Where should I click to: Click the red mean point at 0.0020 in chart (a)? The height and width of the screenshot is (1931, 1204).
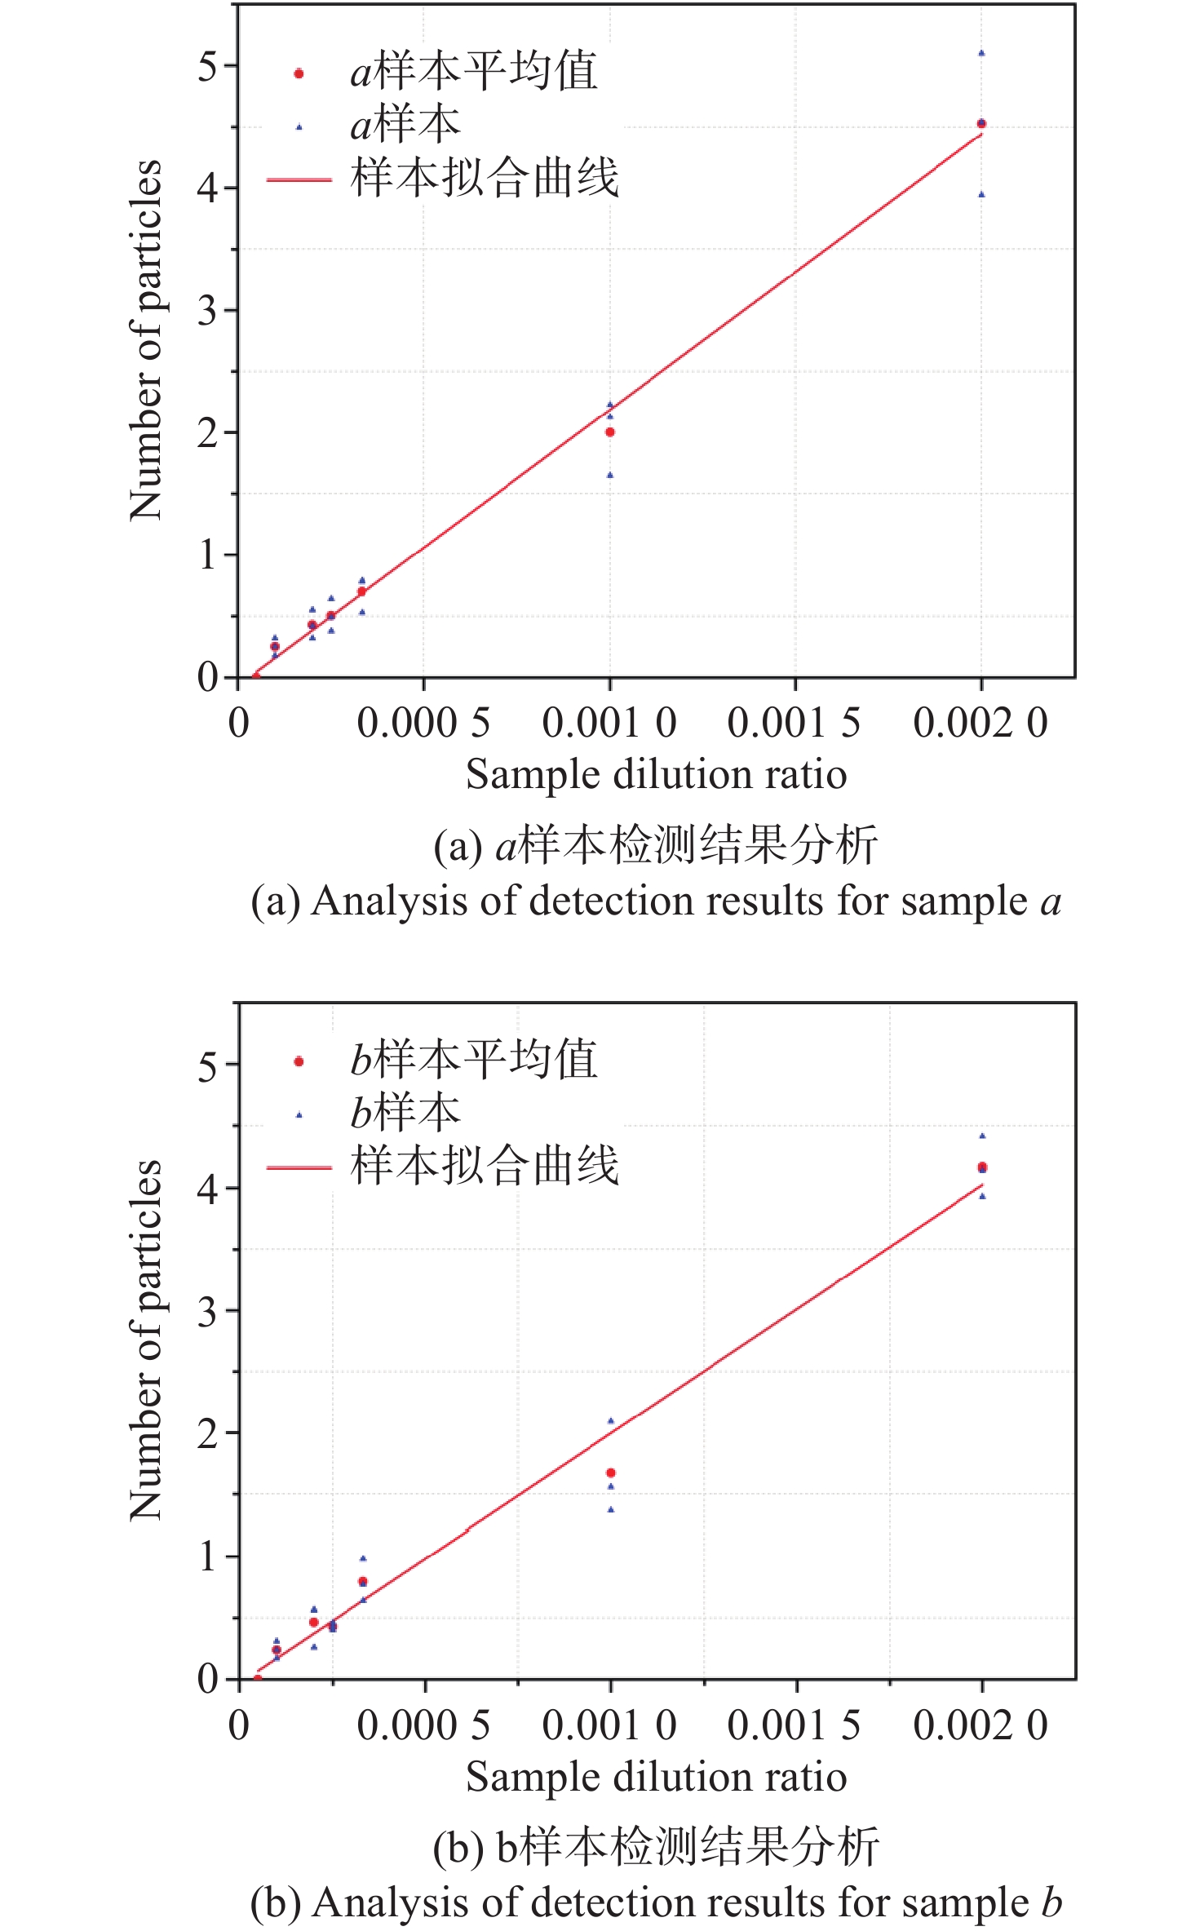(x=981, y=124)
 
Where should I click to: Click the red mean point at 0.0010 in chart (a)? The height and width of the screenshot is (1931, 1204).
(x=609, y=432)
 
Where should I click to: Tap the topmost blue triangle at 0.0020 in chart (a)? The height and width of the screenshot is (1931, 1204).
(x=981, y=53)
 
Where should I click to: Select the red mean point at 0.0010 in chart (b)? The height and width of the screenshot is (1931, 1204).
(x=611, y=1473)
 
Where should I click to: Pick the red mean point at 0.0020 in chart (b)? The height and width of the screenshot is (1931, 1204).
(x=982, y=1167)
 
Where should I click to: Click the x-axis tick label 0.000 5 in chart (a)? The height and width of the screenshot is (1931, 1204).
(x=423, y=723)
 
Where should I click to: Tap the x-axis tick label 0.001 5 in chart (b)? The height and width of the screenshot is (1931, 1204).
(x=794, y=1725)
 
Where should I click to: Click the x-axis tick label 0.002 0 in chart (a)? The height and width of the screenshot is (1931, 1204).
(x=980, y=723)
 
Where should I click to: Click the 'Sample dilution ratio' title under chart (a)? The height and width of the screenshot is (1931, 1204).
(x=656, y=774)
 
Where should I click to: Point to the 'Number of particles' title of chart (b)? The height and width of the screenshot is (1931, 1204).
(x=146, y=1340)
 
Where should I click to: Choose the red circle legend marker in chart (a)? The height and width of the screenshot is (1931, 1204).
(x=299, y=73)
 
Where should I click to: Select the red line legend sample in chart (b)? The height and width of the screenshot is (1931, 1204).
(x=299, y=1168)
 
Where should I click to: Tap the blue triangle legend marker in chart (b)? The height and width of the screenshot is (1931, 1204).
(x=299, y=1115)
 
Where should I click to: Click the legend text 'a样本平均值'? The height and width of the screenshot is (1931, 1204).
(x=473, y=72)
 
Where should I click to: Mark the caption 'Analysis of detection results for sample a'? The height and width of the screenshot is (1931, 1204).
(x=656, y=902)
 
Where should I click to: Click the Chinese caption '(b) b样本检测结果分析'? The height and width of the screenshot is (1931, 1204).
(x=656, y=1847)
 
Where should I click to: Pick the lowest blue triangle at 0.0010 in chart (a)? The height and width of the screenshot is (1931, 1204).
(x=609, y=475)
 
